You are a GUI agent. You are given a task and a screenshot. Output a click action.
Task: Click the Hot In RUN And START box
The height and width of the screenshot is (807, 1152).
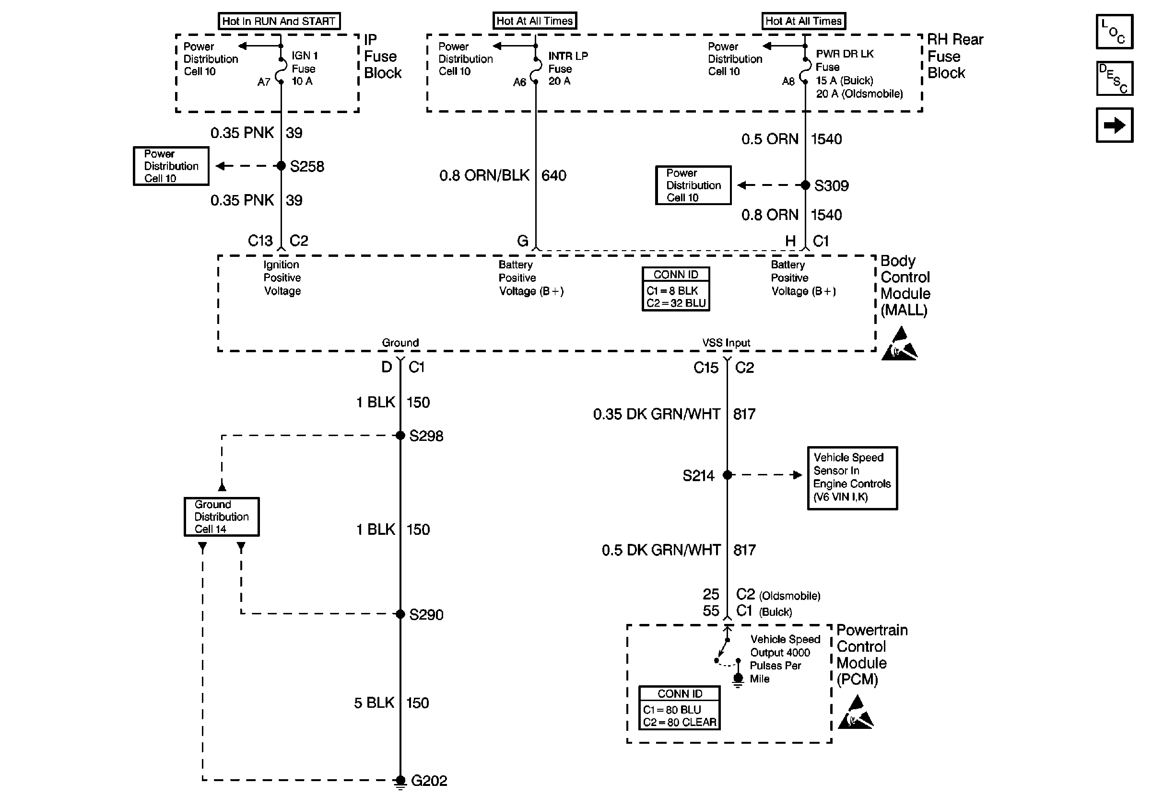279,21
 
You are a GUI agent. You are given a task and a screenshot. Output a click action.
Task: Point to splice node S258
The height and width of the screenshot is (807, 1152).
281,166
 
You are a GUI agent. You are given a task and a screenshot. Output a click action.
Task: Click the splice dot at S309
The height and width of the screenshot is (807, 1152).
805,185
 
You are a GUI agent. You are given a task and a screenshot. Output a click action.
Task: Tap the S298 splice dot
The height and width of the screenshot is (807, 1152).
400,435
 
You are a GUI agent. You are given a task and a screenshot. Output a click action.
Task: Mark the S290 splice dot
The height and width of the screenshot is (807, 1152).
400,613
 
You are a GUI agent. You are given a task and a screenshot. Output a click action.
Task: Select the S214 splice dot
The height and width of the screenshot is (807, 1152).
727,475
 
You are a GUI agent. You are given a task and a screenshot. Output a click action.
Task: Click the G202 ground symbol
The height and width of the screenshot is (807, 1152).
400,781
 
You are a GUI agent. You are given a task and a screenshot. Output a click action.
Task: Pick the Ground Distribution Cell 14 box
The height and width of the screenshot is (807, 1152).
221,517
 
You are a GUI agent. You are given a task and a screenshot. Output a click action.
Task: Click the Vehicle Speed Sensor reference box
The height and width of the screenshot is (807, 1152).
852,478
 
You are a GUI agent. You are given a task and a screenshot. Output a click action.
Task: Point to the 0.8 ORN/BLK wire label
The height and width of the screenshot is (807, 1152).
484,175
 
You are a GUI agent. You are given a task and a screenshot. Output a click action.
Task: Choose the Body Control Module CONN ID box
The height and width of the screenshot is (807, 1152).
675,289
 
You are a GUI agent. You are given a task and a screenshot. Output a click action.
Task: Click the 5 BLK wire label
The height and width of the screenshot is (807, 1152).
374,703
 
